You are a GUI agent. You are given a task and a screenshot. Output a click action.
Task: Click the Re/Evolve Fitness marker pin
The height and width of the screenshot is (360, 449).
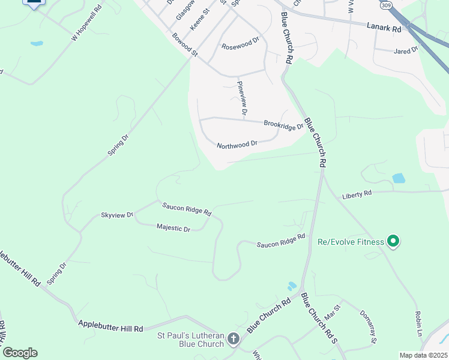click(x=393, y=242)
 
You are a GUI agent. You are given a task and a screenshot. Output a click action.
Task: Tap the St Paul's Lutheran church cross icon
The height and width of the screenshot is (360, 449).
click(x=233, y=340)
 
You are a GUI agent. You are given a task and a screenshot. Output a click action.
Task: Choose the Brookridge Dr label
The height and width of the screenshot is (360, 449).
click(x=283, y=125)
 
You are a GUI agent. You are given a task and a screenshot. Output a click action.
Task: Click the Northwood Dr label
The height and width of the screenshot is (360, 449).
click(x=237, y=145)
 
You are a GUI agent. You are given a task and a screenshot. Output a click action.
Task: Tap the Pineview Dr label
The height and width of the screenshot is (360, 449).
click(x=242, y=98)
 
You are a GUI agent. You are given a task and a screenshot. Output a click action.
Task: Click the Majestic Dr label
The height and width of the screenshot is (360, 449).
click(x=173, y=228)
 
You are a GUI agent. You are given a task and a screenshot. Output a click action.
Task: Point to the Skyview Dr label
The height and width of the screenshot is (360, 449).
click(x=117, y=215)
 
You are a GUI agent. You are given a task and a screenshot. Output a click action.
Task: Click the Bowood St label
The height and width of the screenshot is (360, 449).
click(x=184, y=45)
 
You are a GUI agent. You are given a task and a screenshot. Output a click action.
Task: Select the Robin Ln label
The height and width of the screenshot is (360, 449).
click(x=418, y=323)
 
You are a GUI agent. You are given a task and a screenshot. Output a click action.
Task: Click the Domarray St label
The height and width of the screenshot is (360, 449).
click(x=368, y=327)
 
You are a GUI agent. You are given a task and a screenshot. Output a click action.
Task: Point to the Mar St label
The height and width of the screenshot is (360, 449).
click(x=332, y=312)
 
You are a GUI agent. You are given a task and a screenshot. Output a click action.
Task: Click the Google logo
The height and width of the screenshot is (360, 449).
click(x=20, y=353)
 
